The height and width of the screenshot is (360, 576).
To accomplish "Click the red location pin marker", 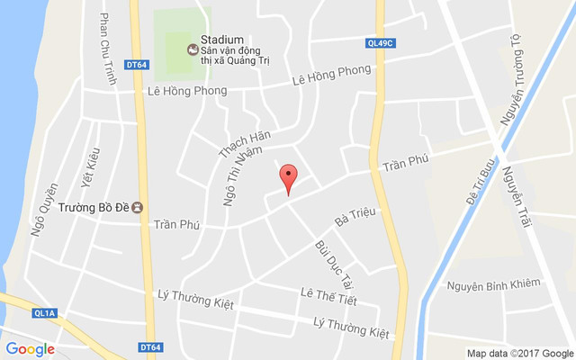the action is [288, 178].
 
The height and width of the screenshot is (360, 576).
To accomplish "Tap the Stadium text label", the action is [222, 40].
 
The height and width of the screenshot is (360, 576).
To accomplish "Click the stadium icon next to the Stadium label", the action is [192, 49].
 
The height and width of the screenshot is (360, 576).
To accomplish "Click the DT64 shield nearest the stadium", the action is [137, 64].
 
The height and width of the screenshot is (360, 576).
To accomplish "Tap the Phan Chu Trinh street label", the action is [109, 49].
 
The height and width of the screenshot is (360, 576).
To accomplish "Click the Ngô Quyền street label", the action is [43, 210].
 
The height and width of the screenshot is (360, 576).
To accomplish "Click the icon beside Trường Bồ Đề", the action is [137, 207].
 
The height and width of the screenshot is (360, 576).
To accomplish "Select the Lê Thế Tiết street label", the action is [328, 296].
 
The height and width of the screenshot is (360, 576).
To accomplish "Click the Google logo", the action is [30, 349].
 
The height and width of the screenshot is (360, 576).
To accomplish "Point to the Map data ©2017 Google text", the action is [519, 353].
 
